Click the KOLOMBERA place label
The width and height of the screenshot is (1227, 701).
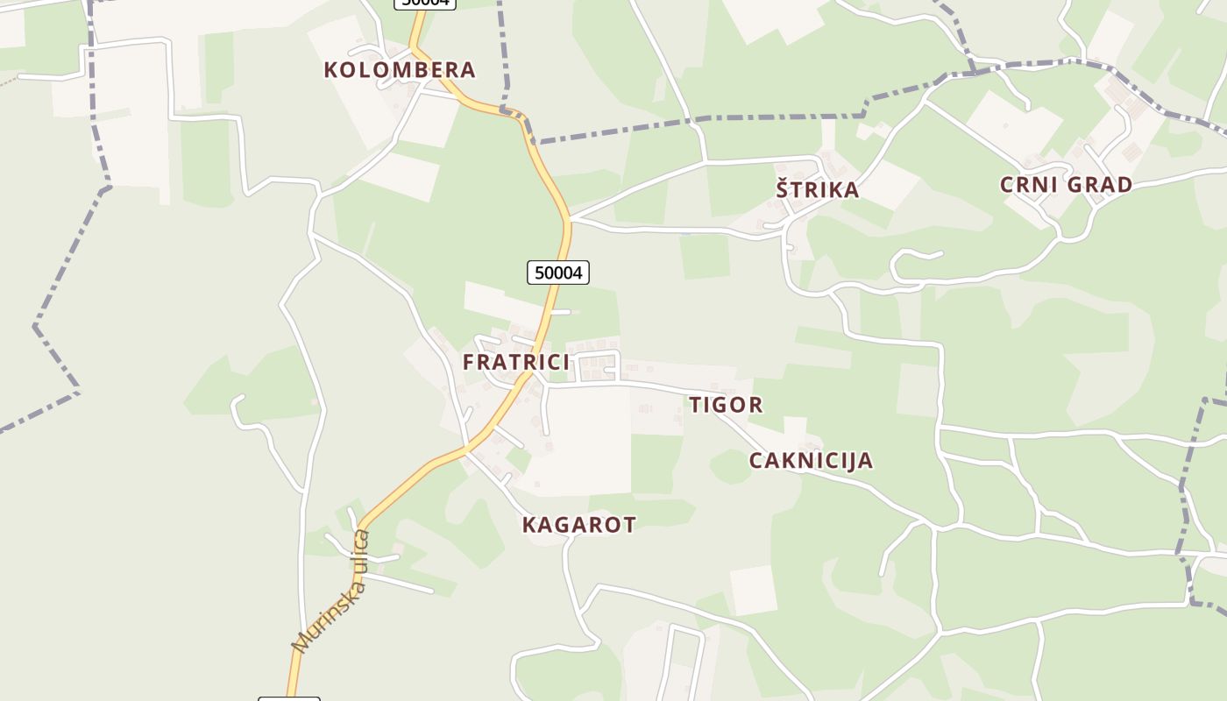click(400, 70)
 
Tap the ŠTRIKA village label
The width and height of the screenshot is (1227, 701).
click(817, 189)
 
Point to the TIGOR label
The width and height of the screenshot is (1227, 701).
click(726, 405)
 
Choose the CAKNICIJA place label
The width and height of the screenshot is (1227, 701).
click(811, 461)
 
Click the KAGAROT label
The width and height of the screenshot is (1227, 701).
click(578, 525)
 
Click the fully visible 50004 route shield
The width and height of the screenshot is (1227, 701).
click(558, 273)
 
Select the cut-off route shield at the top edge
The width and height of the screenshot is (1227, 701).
click(425, 3)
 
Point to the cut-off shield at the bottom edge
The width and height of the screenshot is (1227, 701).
click(289, 698)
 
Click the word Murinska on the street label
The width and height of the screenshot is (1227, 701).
click(320, 613)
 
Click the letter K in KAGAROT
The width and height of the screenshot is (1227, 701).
click(529, 525)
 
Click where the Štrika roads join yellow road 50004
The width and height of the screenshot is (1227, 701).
click(569, 217)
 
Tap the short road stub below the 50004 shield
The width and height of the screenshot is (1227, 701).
click(561, 311)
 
